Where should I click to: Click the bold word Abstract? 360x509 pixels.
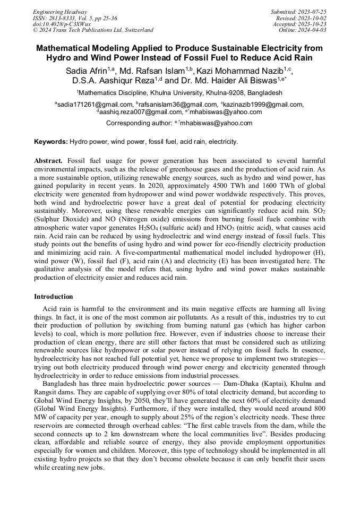(48, 160)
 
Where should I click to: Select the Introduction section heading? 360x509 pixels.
(54, 296)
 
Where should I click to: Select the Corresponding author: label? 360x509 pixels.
(139, 123)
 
